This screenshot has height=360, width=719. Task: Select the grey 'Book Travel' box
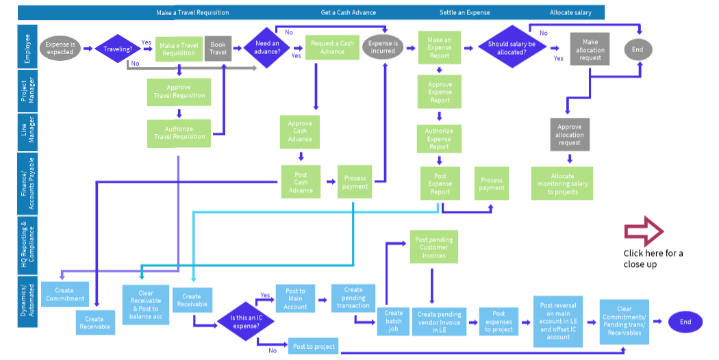(x=218, y=49)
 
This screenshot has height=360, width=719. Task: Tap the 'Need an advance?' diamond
(x=267, y=49)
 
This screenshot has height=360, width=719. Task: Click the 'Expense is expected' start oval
(x=60, y=48)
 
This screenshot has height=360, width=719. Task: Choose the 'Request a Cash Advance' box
(x=332, y=48)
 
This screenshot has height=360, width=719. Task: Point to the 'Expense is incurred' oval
(x=383, y=48)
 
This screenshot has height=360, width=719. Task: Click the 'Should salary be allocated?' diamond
(x=507, y=49)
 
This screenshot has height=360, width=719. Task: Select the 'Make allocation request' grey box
(x=590, y=50)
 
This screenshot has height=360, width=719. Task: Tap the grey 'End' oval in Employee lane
(x=638, y=49)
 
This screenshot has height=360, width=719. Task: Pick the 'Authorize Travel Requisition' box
(x=179, y=133)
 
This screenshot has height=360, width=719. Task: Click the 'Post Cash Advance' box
(x=301, y=182)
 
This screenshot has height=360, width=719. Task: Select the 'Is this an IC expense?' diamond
(x=246, y=322)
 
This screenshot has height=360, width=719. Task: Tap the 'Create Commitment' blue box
(x=65, y=294)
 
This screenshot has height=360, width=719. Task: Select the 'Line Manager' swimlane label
(x=27, y=130)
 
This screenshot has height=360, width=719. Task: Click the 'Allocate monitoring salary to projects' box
(x=562, y=183)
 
